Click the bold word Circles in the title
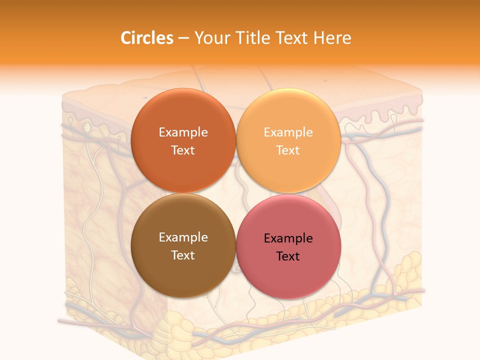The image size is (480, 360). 147,38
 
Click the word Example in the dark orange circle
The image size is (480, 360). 183,132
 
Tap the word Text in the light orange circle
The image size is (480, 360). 288,150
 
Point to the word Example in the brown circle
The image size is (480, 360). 183,237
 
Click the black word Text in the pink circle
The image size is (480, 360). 288,256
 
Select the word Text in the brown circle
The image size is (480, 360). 183,255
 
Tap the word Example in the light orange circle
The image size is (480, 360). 288,132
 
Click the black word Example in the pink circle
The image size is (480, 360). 288,238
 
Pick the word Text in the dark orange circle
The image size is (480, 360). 183,150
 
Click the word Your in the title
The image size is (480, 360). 210,38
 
